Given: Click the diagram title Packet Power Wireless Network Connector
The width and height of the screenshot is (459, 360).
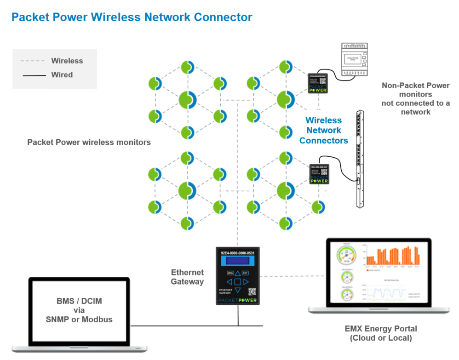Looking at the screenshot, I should (x=132, y=17).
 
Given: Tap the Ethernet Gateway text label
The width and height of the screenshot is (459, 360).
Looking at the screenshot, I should (x=187, y=277).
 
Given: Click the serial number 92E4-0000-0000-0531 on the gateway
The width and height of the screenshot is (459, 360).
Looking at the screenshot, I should (x=237, y=253).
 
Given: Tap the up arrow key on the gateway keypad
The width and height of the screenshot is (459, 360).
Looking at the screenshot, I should (x=237, y=273).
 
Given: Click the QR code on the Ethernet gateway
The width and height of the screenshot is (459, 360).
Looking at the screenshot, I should (x=252, y=291).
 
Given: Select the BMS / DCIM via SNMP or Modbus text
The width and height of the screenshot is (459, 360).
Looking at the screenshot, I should (x=79, y=310).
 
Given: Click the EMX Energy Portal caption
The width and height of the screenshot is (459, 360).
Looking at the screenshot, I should (x=381, y=333).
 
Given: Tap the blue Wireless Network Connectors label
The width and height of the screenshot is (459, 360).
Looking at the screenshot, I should (x=323, y=131).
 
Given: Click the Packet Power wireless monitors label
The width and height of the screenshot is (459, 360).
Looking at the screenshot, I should (x=89, y=143).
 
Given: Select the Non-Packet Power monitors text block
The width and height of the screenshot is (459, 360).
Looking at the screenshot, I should (x=415, y=98).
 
